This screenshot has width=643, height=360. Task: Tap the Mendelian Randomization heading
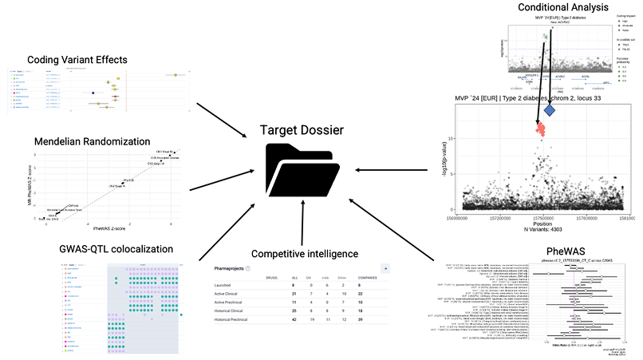(93, 142)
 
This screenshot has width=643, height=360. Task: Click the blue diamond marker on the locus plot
(550, 110)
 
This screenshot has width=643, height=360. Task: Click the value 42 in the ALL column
(273, 319)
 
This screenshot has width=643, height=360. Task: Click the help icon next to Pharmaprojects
(248, 269)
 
